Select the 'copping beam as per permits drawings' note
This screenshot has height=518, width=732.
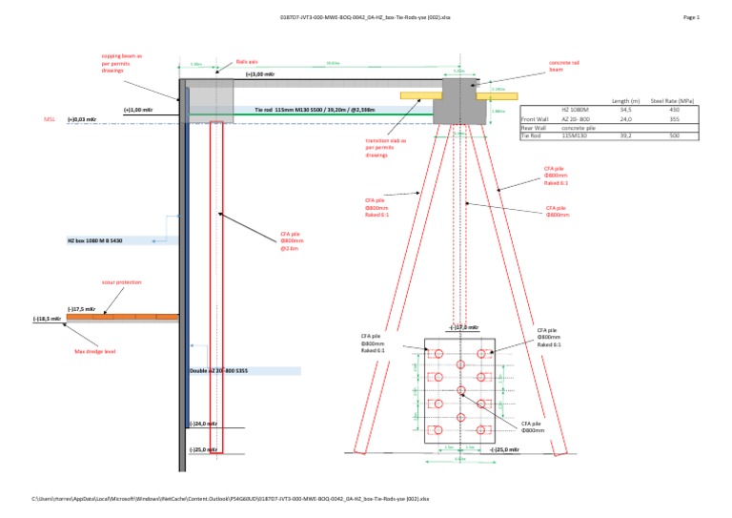(x=121, y=63)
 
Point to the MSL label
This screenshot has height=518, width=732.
(x=50, y=120)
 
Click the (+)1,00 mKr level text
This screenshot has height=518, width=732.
(x=139, y=110)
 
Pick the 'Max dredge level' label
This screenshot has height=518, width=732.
(x=94, y=351)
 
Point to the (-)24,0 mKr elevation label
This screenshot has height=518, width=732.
(x=203, y=424)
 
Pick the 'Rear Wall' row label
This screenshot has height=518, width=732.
(x=534, y=128)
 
